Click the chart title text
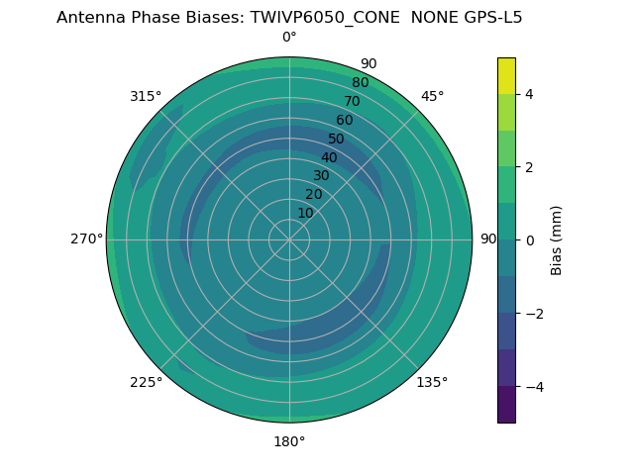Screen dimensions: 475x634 289,17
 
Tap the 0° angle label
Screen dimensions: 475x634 289,38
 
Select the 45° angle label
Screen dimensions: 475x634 433,96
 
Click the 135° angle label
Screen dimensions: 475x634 432,382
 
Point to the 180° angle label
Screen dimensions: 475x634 289,441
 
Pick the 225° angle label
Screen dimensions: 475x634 146,382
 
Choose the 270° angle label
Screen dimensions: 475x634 85,239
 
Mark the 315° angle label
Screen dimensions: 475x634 146,96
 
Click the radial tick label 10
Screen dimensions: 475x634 305,213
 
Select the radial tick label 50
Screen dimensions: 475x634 336,139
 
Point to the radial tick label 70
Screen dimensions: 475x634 352,101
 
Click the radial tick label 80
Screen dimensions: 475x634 360,82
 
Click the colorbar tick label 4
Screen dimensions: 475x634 529,94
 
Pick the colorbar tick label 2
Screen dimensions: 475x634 529,167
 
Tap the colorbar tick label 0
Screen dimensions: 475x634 529,240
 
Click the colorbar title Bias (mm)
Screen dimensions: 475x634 557,240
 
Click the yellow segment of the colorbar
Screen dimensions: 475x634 506,76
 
